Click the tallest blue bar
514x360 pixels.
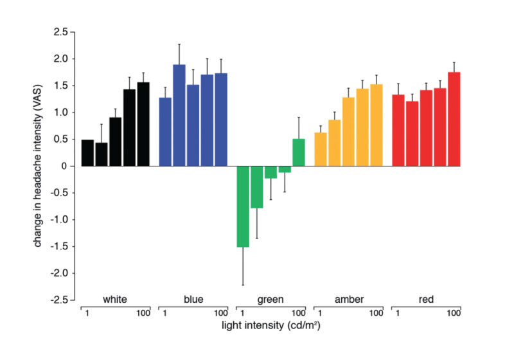click(x=179, y=116)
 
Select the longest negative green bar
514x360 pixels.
click(x=243, y=206)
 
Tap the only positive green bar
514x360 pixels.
click(x=299, y=152)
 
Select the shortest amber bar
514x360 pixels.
click(x=321, y=149)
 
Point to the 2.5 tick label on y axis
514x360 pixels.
click(x=60, y=32)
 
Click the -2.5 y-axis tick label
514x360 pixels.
click(x=58, y=300)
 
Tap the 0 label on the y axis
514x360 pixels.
click(x=64, y=166)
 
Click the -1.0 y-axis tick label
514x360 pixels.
click(x=58, y=220)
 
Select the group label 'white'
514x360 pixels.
click(x=115, y=300)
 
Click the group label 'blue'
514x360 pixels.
click(x=193, y=300)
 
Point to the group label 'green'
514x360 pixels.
click(x=270, y=300)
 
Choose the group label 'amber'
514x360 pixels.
click(x=349, y=300)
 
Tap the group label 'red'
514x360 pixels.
click(x=427, y=300)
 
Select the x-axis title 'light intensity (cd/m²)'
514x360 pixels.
click(x=271, y=326)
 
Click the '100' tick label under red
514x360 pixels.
click(x=453, y=313)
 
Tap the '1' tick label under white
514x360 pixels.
click(x=86, y=313)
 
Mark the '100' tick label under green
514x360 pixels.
click(x=297, y=313)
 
